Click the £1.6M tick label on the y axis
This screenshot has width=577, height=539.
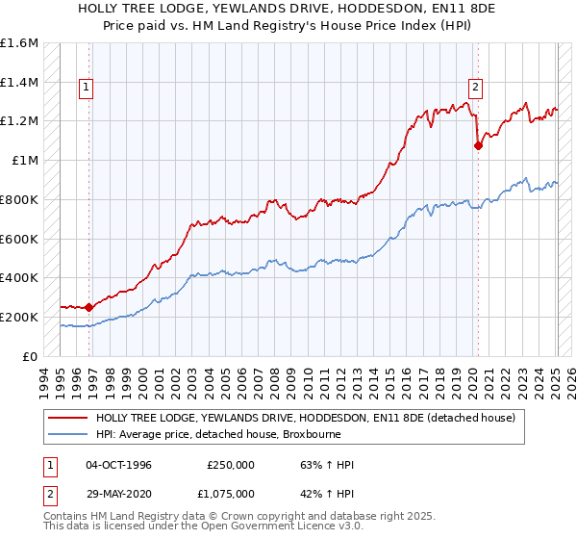(19, 43)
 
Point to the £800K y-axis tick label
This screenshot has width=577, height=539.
(19, 199)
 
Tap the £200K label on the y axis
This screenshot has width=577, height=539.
(19, 317)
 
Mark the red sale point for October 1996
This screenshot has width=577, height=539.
(88, 308)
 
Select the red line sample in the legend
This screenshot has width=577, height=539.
(67, 419)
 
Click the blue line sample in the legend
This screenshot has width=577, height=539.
(67, 435)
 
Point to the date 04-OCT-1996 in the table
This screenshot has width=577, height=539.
(118, 465)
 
